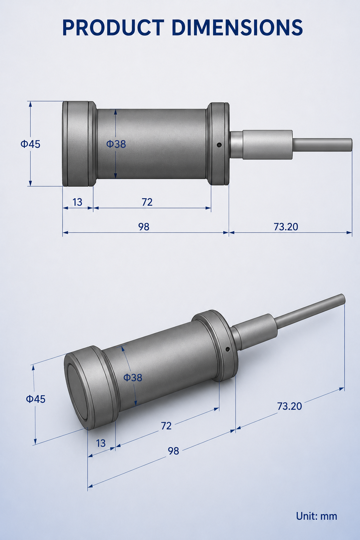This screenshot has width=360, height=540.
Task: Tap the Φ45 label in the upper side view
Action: point(30,144)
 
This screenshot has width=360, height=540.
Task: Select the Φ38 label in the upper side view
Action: point(116,144)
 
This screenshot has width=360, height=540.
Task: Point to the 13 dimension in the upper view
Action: point(77,202)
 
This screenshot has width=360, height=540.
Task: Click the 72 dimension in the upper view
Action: point(147,202)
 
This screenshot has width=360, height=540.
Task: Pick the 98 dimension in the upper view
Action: point(144,227)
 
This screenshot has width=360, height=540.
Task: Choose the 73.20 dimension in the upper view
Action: point(286,227)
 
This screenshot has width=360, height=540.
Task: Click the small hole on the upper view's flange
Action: point(219,145)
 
